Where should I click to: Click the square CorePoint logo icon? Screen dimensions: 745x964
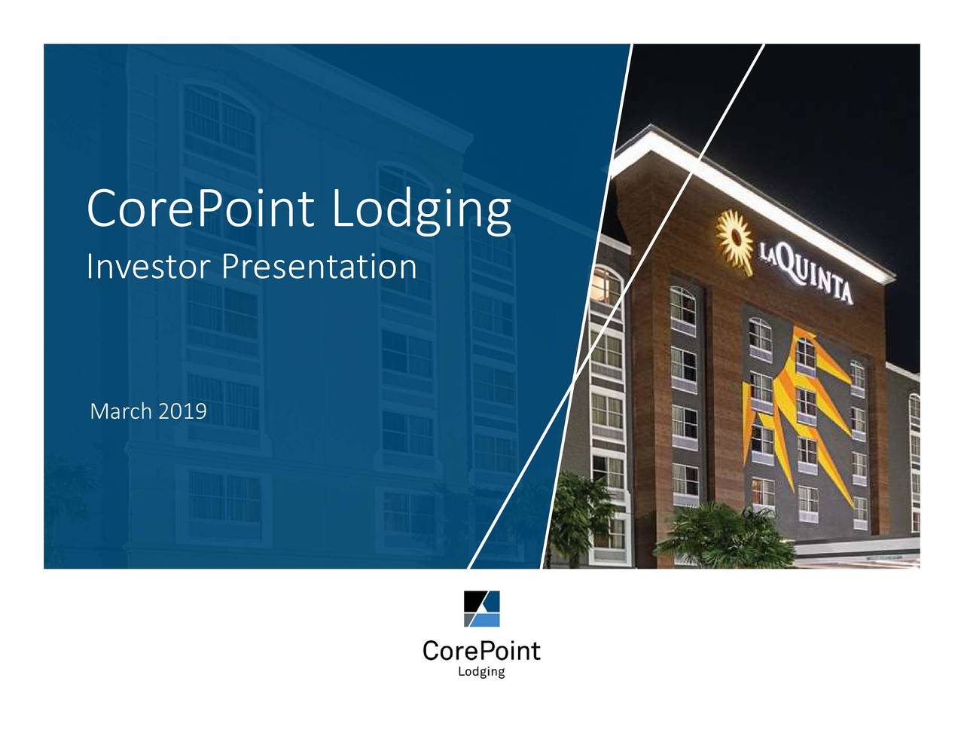pyautogui.click(x=481, y=609)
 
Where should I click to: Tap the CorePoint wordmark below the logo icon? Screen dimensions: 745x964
pyautogui.click(x=481, y=650)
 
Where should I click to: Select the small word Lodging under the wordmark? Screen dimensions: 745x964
pyautogui.click(x=481, y=672)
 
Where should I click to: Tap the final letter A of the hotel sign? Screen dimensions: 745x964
pyautogui.click(x=847, y=290)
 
